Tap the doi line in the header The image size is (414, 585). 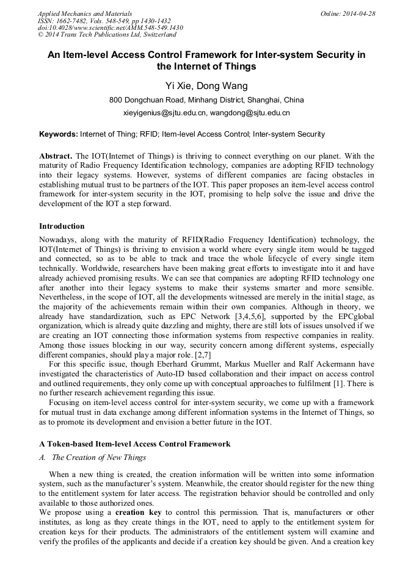[x=110, y=28]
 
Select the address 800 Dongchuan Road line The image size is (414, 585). [x=206, y=100]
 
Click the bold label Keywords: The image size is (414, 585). [x=59, y=134]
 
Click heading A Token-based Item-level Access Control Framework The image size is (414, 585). [x=134, y=444]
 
